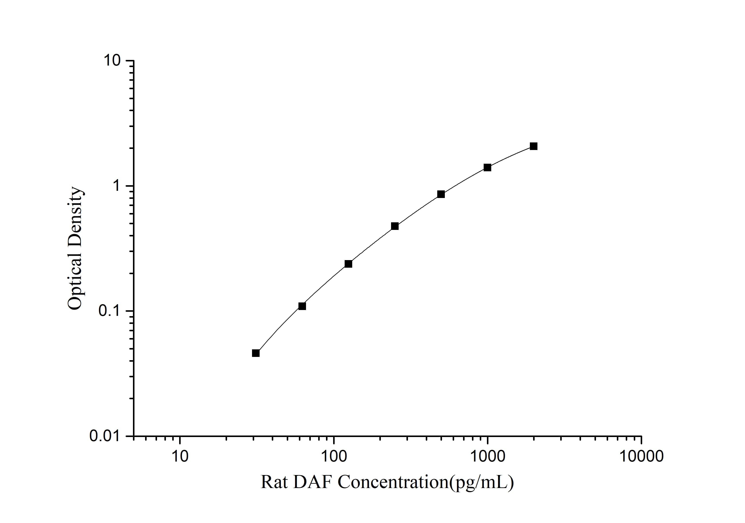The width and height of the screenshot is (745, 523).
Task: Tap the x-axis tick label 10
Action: coord(180,456)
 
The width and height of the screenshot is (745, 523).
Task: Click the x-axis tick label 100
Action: coord(334,456)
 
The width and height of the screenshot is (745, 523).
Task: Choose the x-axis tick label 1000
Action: coord(487,456)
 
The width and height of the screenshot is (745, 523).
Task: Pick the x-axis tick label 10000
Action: coord(641,456)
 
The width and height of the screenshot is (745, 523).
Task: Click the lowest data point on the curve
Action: coord(256,353)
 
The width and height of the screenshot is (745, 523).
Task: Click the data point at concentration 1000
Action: coord(487,168)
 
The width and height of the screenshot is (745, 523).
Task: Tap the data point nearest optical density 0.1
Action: coord(302,306)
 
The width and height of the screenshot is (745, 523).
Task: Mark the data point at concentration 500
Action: coord(441,194)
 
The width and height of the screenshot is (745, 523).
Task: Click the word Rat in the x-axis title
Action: coord(274,482)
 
